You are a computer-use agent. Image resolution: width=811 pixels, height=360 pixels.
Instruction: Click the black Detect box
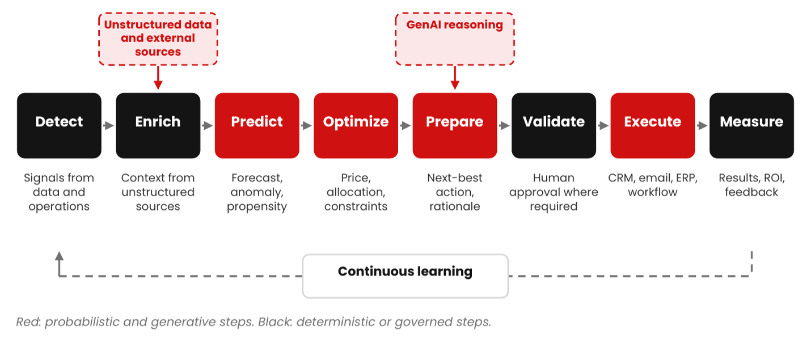[x=59, y=125]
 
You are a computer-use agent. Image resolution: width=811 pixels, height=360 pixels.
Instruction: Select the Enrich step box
[x=158, y=125]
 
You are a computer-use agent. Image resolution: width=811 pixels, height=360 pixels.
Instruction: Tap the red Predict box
[x=257, y=125]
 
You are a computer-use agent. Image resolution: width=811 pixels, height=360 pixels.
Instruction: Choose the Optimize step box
[x=356, y=125]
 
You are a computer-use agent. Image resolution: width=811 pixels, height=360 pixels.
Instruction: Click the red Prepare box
[x=455, y=125]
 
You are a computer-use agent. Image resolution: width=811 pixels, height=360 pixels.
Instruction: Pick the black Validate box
[x=554, y=125]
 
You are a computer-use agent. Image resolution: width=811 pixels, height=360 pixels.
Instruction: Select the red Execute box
[x=653, y=125]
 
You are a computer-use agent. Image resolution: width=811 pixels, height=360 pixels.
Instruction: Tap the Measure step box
[x=751, y=125]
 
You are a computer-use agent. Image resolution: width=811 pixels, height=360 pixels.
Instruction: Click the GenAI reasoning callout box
[x=455, y=39]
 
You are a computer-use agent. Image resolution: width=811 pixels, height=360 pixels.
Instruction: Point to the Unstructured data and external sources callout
[x=158, y=39]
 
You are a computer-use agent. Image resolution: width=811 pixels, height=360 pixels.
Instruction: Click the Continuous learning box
[x=405, y=276]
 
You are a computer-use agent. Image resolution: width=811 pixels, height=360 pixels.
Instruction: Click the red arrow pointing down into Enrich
[x=158, y=78]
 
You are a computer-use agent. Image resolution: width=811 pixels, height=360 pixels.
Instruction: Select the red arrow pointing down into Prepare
[x=455, y=78]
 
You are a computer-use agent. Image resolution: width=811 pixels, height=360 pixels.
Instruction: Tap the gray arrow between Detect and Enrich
[x=109, y=125]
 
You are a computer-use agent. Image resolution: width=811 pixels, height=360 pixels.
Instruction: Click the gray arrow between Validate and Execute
[x=603, y=125]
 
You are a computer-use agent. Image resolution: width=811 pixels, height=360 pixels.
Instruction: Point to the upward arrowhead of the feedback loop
[x=59, y=256]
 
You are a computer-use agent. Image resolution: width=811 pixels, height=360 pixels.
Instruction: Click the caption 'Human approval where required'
[x=554, y=192]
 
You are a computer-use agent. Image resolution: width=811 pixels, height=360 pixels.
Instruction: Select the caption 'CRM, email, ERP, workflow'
[x=653, y=185]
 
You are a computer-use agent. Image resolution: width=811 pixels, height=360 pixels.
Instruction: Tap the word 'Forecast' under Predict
[x=256, y=177]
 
